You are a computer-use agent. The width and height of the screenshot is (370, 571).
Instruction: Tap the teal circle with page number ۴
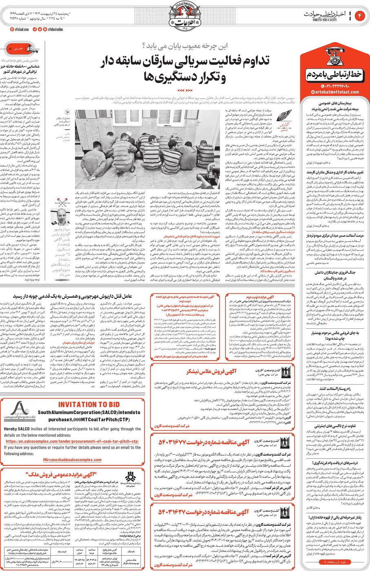[x=360, y=16]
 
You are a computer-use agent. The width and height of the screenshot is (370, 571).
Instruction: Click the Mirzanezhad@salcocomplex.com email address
[x=72, y=460]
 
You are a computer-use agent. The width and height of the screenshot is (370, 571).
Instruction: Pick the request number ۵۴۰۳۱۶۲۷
[x=175, y=512]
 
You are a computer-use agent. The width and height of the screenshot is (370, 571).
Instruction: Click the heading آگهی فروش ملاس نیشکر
[x=211, y=372]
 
